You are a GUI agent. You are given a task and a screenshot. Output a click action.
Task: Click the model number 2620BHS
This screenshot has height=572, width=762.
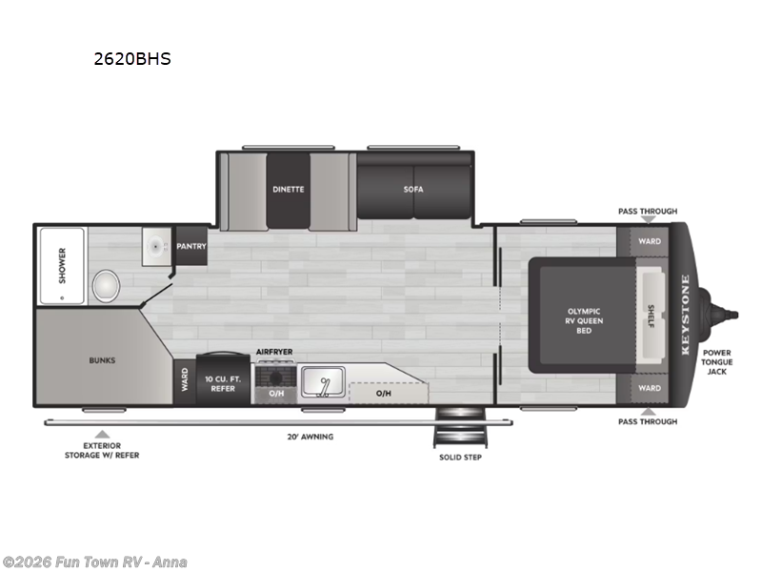[x=131, y=58]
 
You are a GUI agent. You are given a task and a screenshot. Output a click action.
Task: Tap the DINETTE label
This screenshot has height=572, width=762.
[x=288, y=189]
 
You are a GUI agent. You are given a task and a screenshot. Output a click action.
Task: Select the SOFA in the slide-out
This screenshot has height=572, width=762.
[x=413, y=189]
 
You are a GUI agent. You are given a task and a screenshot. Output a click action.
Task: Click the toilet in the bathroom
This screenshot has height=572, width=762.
[x=106, y=284]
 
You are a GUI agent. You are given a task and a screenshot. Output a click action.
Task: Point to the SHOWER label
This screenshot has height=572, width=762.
[x=62, y=262]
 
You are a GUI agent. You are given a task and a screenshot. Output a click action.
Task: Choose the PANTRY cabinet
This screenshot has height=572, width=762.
[x=190, y=246]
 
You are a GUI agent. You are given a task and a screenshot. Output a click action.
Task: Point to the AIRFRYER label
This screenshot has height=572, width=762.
[x=274, y=353]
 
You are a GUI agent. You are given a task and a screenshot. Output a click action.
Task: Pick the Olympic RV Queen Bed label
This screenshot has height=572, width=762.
[x=585, y=320]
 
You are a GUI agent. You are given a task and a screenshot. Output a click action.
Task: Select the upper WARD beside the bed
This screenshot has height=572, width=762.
[x=650, y=242]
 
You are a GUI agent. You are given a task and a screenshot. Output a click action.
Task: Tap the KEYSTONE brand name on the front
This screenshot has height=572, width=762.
[x=684, y=315]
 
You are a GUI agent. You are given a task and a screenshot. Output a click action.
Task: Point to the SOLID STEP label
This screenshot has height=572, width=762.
[x=459, y=458]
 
